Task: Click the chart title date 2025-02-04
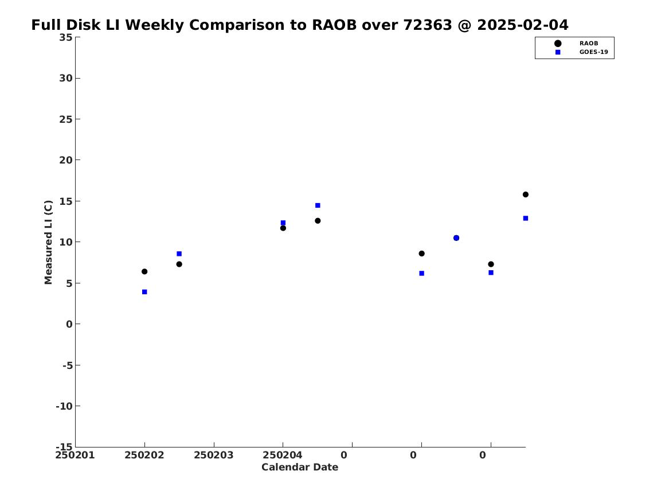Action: point(523,25)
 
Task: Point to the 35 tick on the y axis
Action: point(66,37)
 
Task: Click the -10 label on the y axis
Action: point(64,406)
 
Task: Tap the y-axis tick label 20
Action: point(66,160)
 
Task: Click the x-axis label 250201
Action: point(75,455)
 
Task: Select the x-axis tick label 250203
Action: point(214,455)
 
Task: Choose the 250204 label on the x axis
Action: point(283,455)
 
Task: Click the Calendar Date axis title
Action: point(300,468)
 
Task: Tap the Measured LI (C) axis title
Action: point(48,242)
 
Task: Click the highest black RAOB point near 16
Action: point(526,194)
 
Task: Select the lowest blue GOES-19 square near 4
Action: point(144,292)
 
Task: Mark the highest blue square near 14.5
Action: point(318,205)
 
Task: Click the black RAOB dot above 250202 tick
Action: point(144,271)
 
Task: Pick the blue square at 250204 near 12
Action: point(283,223)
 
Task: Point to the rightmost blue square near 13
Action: point(526,218)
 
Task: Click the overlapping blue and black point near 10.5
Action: point(456,238)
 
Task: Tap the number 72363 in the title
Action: point(428,25)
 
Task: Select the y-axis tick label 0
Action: point(69,324)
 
